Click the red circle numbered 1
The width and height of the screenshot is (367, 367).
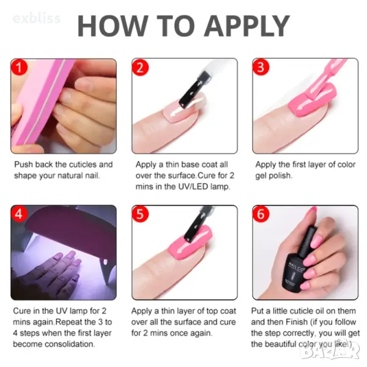19,67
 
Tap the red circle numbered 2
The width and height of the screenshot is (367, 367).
140,67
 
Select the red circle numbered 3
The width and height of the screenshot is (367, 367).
261,67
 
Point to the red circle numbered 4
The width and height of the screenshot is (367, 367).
19,214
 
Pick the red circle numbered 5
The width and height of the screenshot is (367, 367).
140,214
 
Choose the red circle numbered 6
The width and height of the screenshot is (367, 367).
261,214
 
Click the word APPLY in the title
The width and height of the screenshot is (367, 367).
247,25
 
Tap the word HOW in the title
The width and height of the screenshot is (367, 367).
113,25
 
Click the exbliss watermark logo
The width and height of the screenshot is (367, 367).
37,19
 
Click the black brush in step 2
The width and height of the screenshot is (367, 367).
194,89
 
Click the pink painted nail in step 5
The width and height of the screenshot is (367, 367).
190,243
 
